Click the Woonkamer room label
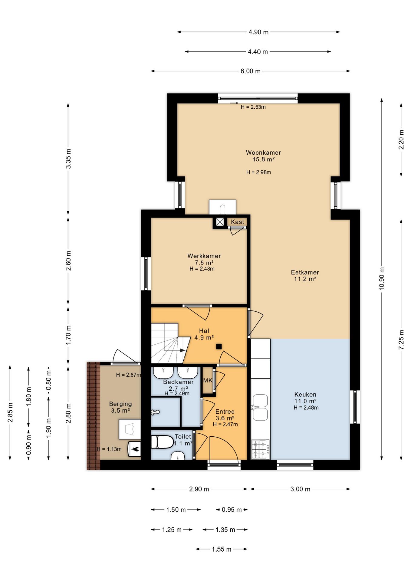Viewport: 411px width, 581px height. [263, 153]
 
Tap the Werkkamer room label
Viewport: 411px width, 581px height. [204, 256]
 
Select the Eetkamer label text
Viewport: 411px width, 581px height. [305, 272]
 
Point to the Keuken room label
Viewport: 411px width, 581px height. [305, 395]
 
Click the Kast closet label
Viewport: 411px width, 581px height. [237, 222]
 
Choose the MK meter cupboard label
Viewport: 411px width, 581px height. [208, 380]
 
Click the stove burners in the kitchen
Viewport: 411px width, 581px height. [261, 449]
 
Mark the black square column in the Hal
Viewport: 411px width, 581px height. [219, 347]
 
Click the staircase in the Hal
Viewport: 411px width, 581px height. [169, 343]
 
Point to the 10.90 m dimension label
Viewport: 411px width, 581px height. [382, 279]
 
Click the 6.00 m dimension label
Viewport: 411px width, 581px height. [251, 71]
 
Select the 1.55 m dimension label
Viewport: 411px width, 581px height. [222, 549]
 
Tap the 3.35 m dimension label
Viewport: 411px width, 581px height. [68, 159]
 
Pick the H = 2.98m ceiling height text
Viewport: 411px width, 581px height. [259, 172]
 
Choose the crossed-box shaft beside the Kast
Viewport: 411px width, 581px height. [220, 222]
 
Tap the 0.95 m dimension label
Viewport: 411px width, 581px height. [232, 510]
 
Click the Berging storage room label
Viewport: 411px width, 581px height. [120, 404]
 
